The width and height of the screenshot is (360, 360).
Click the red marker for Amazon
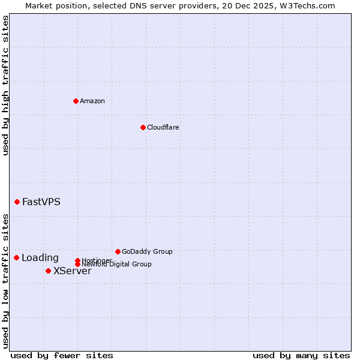click(x=76, y=101)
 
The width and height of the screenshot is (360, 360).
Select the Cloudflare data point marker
click(x=143, y=127)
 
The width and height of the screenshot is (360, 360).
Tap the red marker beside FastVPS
click(x=17, y=202)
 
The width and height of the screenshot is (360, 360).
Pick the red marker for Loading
click(x=16, y=257)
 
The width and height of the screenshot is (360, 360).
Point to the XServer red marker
click(x=48, y=271)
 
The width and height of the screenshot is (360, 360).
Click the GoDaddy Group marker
click(x=118, y=251)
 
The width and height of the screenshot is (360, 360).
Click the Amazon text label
click(x=92, y=101)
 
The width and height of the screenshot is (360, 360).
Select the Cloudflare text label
click(x=163, y=127)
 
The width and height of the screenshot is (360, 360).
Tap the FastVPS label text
click(x=41, y=202)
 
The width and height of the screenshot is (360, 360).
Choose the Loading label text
click(x=40, y=258)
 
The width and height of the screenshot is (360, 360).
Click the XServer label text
click(x=73, y=271)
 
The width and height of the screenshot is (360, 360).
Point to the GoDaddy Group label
click(x=147, y=251)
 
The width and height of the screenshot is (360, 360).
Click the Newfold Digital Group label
click(x=117, y=264)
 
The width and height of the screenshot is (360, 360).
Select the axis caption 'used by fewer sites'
click(x=62, y=355)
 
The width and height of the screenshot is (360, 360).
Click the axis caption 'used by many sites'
click(x=301, y=355)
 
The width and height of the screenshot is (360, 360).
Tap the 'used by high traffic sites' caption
click(x=6, y=85)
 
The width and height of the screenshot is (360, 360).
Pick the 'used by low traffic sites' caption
click(x=6, y=280)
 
